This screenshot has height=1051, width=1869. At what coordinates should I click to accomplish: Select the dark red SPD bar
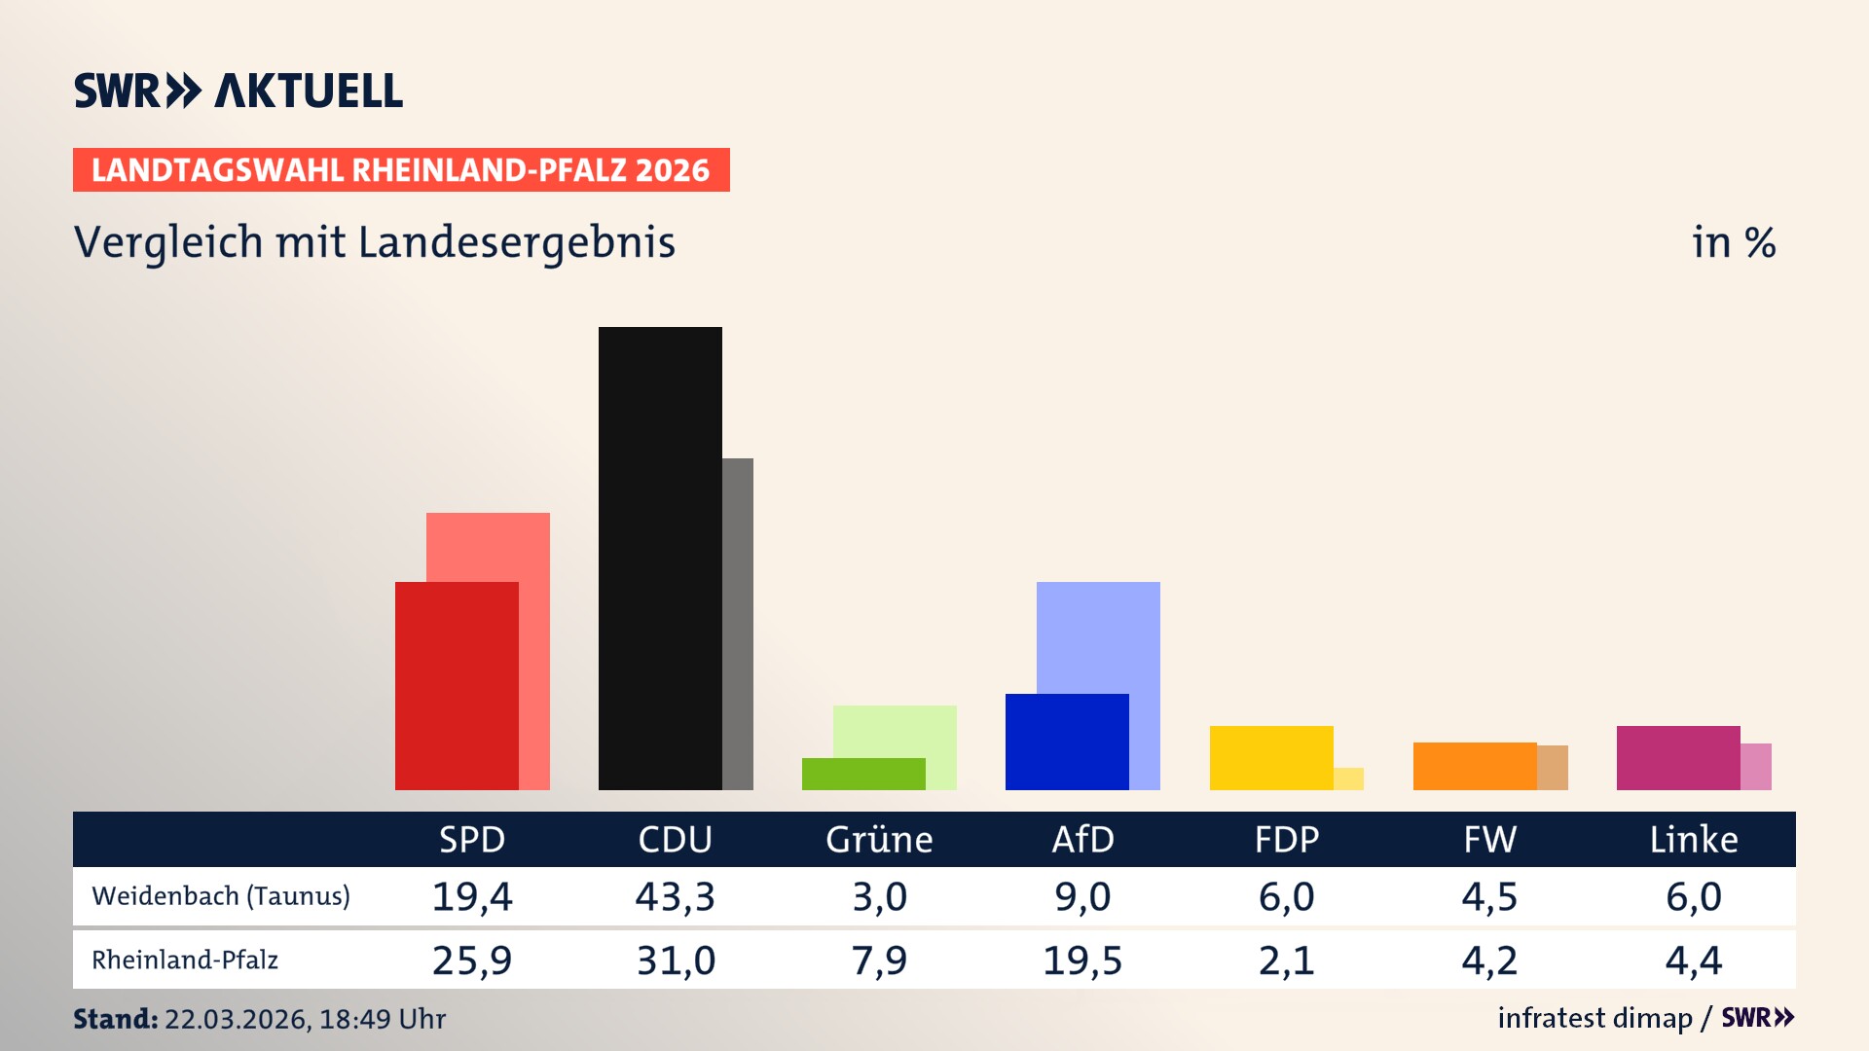pyautogui.click(x=457, y=685)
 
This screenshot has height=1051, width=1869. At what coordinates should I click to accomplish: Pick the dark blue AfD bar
pyautogui.click(x=1067, y=742)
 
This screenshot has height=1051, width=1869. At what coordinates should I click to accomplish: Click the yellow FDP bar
pyautogui.click(x=1271, y=757)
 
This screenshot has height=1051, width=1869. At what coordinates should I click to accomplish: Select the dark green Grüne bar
pyautogui.click(x=863, y=774)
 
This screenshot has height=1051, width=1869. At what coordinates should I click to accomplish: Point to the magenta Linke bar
pyautogui.click(x=1678, y=757)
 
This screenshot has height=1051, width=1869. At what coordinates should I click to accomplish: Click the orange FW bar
pyautogui.click(x=1475, y=766)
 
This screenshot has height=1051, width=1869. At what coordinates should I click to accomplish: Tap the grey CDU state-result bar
pyautogui.click(x=738, y=623)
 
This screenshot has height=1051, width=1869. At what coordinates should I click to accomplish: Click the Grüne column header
pyautogui.click(x=879, y=839)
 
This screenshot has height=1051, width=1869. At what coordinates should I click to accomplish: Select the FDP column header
pyautogui.click(x=1286, y=839)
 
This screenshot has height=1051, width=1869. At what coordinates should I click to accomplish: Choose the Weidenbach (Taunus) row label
pyautogui.click(x=221, y=896)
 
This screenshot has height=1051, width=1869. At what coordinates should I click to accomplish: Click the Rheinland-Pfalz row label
pyautogui.click(x=185, y=960)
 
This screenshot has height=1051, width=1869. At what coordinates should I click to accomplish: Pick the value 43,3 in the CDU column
pyautogui.click(x=675, y=896)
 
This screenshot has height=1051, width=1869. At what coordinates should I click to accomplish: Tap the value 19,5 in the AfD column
pyautogui.click(x=1082, y=960)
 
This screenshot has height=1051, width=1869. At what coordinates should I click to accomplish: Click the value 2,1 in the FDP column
pyautogui.click(x=1286, y=960)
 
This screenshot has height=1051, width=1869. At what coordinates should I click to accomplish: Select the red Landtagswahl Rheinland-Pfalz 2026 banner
pyautogui.click(x=401, y=170)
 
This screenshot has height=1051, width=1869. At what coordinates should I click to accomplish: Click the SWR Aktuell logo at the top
pyautogui.click(x=238, y=91)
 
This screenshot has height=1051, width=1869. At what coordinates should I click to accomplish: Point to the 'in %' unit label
pyautogui.click(x=1734, y=242)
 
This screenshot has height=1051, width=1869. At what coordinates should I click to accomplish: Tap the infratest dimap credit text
pyautogui.click(x=1594, y=1018)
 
